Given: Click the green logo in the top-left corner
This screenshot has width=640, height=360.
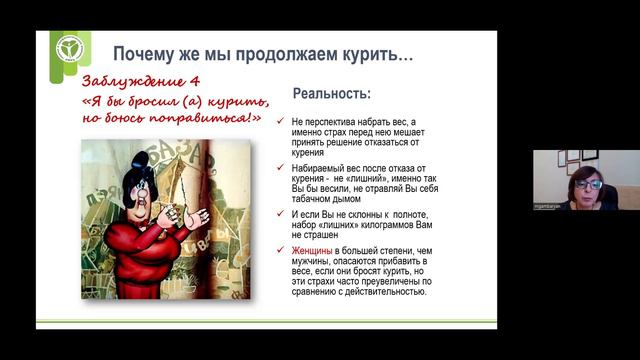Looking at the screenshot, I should (71, 51).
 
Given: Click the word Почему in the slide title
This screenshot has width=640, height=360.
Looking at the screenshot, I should (143, 51).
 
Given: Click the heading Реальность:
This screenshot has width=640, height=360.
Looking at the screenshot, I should (330, 94).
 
